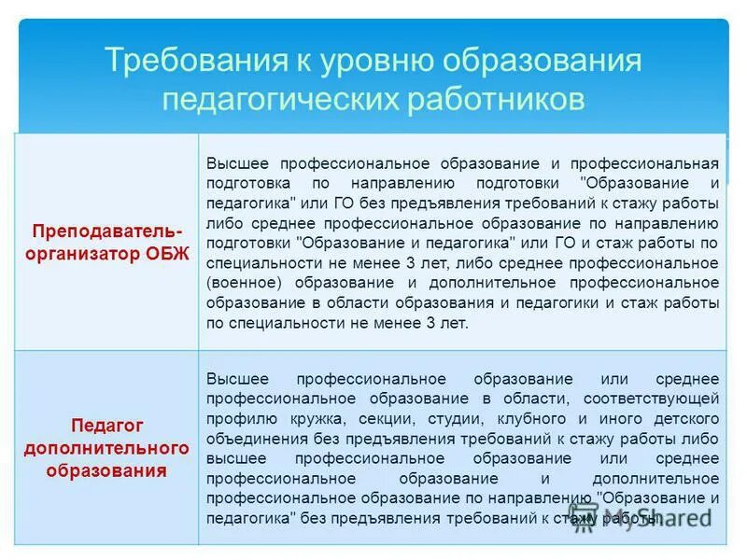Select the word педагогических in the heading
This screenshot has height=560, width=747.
tap(279, 99)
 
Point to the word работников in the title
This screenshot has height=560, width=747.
tap(494, 99)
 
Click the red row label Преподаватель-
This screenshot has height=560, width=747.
tap(107, 230)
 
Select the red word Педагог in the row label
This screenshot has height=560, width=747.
tap(107, 427)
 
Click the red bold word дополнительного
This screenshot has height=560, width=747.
tap(107, 448)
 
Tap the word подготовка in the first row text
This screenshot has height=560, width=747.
tap(247, 182)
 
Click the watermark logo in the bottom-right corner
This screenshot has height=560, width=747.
tap(644, 517)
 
